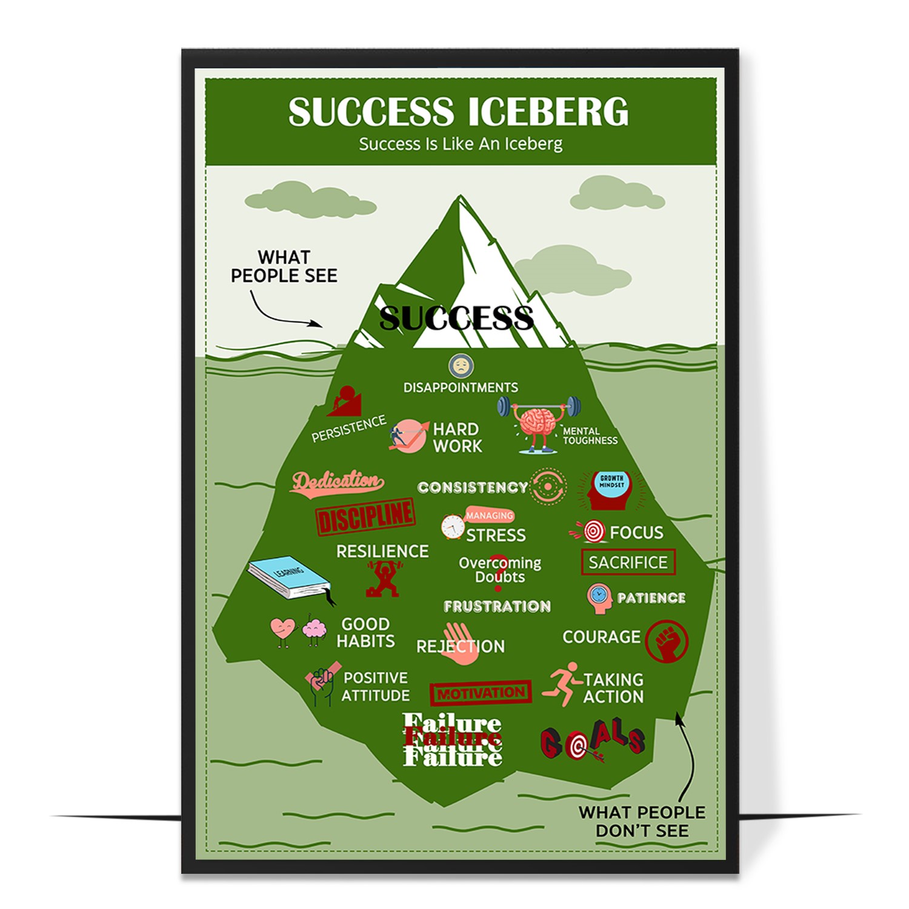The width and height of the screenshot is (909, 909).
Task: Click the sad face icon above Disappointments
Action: point(461,366)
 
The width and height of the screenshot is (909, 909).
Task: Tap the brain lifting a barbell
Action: point(538,424)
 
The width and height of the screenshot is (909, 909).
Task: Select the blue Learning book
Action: point(289,577)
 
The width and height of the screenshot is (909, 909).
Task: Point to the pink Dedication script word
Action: point(338,482)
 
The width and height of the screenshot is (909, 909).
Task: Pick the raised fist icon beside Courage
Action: point(667,641)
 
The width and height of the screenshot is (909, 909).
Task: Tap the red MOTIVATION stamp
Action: point(481,693)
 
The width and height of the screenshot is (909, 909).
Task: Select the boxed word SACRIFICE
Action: point(628,562)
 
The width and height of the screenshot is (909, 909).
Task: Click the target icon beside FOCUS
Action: point(593,531)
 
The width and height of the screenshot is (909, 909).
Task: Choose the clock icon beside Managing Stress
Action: point(453,527)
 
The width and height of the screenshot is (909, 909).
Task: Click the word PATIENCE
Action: point(651,598)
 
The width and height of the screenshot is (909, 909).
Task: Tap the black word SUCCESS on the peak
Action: point(456,318)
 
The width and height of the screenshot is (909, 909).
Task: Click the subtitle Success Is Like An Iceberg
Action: point(461,144)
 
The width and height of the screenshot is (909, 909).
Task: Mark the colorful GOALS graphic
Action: point(592,740)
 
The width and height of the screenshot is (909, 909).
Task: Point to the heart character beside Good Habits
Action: point(282,630)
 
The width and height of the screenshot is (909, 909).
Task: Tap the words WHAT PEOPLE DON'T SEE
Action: point(642,821)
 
